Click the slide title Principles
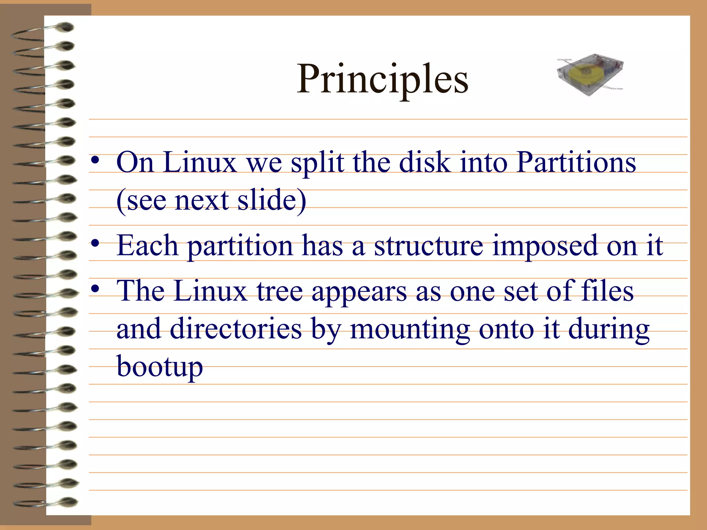pyautogui.click(x=382, y=79)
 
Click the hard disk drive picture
pyautogui.click(x=590, y=75)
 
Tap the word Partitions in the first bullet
pyautogui.click(x=576, y=162)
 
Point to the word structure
pyautogui.click(x=428, y=245)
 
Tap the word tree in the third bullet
pyautogui.click(x=279, y=291)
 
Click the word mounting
pyautogui.click(x=410, y=329)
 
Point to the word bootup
pyautogui.click(x=159, y=367)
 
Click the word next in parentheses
pyautogui.click(x=202, y=200)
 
